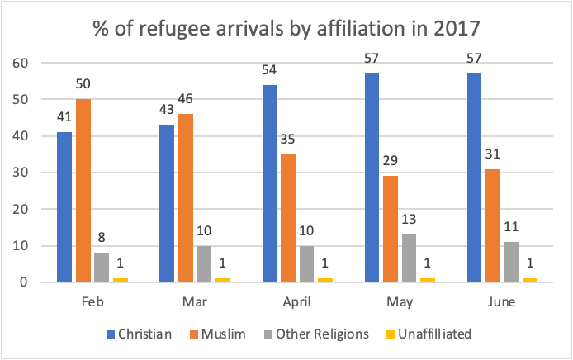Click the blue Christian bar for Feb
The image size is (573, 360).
(64, 207)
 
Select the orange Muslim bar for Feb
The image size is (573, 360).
(83, 191)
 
